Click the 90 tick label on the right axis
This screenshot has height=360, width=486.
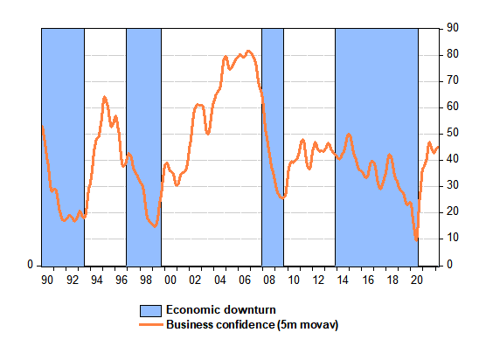click(453, 28)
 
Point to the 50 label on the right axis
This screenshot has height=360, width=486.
click(453, 133)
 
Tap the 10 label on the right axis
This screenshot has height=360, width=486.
click(453, 238)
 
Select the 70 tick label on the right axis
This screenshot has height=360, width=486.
click(453, 80)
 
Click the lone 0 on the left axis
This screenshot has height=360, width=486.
click(30, 264)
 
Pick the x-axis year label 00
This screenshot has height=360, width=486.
click(170, 280)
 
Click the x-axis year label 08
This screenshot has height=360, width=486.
click(269, 280)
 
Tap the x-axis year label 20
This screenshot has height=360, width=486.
click(417, 280)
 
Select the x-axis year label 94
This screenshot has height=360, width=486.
click(97, 280)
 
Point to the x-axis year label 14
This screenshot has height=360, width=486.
click(343, 280)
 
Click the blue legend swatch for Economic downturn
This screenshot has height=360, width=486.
click(150, 311)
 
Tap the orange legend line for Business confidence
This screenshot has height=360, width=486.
click(151, 325)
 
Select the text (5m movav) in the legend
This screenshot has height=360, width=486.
click(308, 325)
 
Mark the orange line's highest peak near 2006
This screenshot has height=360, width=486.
click(248, 52)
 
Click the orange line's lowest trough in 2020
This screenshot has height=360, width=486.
click(416, 239)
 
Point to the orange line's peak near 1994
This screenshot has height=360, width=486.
click(104, 98)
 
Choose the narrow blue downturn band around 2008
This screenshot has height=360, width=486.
click(273, 147)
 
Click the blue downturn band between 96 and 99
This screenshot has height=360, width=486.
click(144, 147)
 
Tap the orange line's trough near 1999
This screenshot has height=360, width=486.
click(155, 226)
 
